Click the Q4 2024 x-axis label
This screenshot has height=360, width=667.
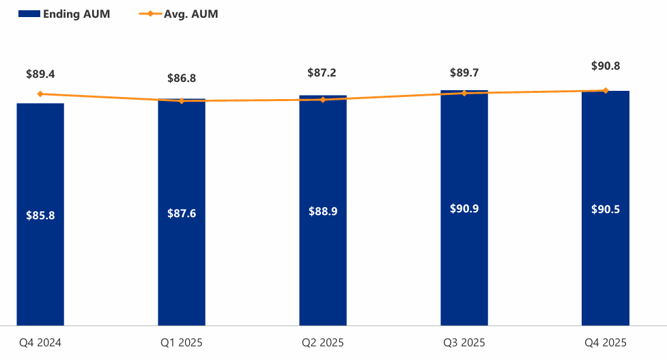click(x=40, y=342)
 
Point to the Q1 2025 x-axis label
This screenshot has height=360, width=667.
click(x=182, y=342)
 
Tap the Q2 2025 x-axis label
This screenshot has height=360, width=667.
click(x=323, y=342)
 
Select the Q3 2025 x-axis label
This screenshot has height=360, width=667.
click(x=464, y=342)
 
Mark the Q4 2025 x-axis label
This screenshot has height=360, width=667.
click(x=606, y=342)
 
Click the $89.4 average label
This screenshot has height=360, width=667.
click(x=40, y=74)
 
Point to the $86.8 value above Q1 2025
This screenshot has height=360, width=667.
click(x=182, y=79)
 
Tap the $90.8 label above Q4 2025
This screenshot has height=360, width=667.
click(x=606, y=66)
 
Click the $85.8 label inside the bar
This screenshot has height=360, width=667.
click(x=40, y=215)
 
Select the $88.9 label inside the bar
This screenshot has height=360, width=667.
click(x=323, y=212)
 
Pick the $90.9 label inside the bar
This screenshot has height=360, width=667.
click(x=464, y=208)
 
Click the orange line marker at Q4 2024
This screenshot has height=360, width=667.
click(x=40, y=94)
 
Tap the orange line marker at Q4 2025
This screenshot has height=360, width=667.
click(x=606, y=90)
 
